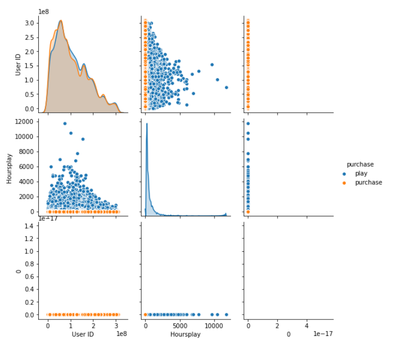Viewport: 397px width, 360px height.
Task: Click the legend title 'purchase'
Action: click(359, 164)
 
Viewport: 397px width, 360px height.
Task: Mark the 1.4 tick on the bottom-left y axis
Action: click(32, 225)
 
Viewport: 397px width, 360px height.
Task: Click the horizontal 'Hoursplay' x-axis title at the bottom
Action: click(185, 334)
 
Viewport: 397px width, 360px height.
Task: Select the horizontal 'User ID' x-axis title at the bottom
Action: click(83, 334)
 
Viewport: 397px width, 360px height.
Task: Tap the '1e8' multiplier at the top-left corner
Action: click(45, 11)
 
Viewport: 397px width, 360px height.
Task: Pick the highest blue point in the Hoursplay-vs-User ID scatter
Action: click(64, 123)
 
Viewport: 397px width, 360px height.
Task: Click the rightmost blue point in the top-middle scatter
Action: click(226, 87)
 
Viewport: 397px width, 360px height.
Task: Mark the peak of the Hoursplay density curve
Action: click(146, 124)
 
